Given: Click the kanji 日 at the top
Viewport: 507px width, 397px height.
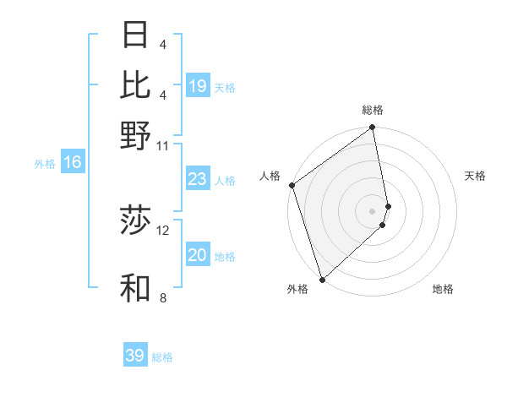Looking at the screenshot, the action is click(136, 35).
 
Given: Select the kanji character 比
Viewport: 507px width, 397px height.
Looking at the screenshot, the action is click(136, 85).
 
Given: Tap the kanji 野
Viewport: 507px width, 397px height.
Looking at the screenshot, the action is click(136, 136).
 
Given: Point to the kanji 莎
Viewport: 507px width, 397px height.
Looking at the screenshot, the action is click(136, 220).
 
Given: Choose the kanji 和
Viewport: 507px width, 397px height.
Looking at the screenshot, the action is click(136, 288).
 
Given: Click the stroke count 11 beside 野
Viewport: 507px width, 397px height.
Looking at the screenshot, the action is click(163, 146).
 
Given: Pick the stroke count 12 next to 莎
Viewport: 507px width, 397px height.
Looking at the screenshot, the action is click(163, 230).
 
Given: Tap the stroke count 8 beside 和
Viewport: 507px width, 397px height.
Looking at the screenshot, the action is click(163, 297).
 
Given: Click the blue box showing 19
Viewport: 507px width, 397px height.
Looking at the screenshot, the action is click(197, 86).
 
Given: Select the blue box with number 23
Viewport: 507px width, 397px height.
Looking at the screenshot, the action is click(197, 179).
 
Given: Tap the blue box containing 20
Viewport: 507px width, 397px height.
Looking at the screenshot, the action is click(197, 255).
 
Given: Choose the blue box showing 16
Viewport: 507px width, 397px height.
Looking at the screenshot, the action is click(73, 162).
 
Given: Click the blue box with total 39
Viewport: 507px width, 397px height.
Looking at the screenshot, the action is click(135, 356).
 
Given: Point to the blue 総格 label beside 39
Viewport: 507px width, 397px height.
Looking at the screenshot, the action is click(162, 357).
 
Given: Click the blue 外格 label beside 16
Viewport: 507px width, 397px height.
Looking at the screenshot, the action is click(45, 164).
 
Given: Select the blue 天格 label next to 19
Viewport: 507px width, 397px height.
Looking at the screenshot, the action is click(225, 88).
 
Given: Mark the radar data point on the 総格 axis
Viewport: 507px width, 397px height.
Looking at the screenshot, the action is click(373, 128).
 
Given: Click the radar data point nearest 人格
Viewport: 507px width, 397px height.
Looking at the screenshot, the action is click(292, 185).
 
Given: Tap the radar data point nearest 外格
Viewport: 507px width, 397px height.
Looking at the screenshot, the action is click(322, 280).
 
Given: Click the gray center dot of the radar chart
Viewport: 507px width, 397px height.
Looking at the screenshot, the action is click(373, 210).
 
